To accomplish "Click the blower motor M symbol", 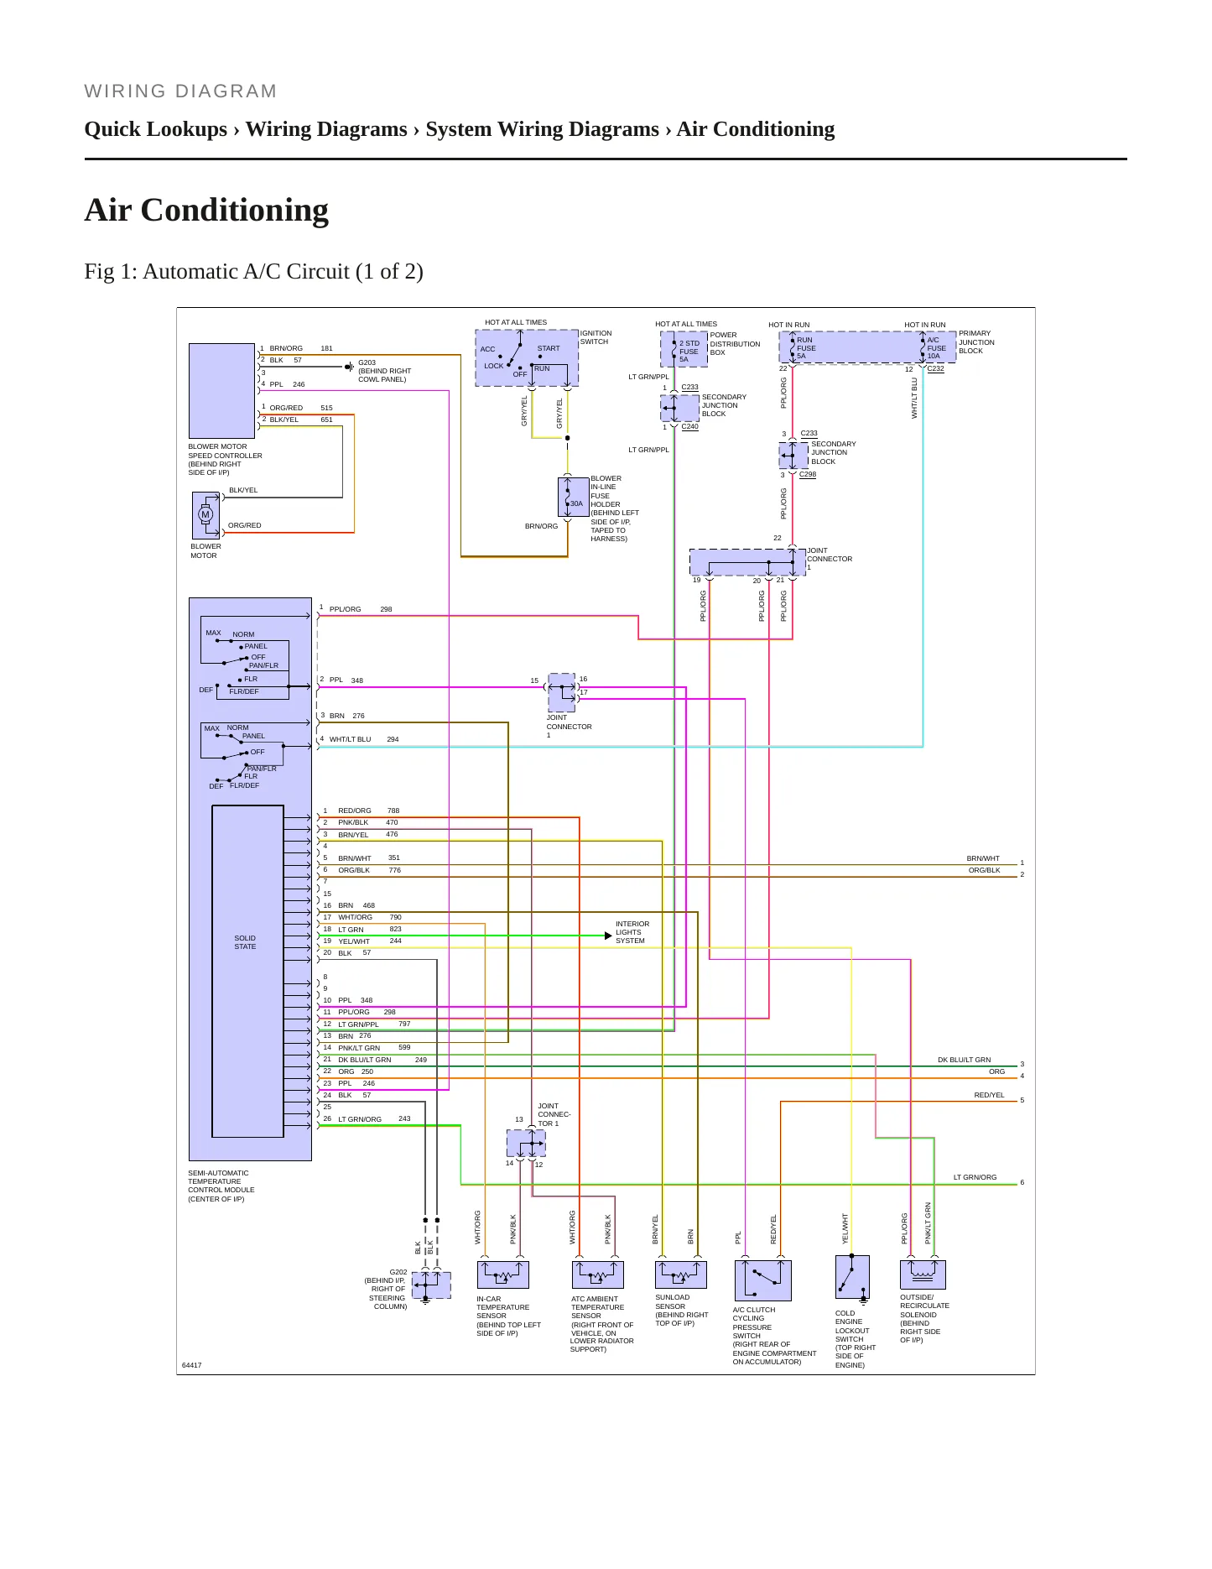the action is pos(205,514).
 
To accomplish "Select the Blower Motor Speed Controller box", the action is pos(221,390).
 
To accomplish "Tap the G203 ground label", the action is pos(367,362).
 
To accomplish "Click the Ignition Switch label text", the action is pos(596,337).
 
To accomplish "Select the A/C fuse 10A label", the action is pos(936,348).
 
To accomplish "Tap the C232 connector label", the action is pos(935,368).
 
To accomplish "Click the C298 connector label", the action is pos(808,474).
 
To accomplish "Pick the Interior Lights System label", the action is pos(632,932).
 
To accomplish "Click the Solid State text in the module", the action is pos(245,942).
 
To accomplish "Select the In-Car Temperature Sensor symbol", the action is pos(503,1274).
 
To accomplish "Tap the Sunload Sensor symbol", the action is pos(681,1274).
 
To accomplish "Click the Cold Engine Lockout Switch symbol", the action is pos(852,1277).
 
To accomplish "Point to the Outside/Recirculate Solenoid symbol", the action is pos(923,1274).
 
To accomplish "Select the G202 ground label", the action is pos(398,1272).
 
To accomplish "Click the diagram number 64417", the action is pos(192,1365).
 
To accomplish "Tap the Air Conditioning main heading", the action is pos(206,210).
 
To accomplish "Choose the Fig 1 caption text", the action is pos(253,272).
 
